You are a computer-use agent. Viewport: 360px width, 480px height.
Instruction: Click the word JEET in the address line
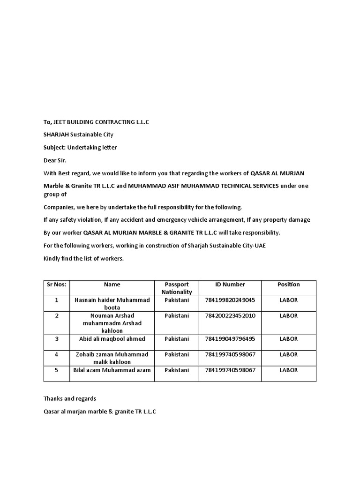61,122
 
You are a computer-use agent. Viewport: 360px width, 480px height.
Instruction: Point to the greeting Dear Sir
55,160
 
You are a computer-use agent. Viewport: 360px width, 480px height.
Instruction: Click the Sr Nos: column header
57,285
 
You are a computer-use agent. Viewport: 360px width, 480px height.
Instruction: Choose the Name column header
112,285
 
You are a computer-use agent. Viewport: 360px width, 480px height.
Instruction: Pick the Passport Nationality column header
177,288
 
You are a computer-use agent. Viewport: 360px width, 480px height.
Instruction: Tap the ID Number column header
230,285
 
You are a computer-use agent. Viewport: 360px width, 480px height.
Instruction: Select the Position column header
289,285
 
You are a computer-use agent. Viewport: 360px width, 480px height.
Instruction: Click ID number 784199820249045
230,300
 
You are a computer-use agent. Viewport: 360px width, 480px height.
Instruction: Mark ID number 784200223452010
230,316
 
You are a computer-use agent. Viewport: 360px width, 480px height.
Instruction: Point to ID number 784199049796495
230,339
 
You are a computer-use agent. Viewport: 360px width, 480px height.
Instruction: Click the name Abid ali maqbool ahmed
112,339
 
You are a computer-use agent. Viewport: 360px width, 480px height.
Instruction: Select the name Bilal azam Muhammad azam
112,370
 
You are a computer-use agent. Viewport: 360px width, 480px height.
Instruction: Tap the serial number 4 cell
57,355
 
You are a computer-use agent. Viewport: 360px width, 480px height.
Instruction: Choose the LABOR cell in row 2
289,316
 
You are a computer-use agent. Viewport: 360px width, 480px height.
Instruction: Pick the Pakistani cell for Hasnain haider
177,300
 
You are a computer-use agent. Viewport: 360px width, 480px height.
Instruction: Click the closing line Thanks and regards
70,398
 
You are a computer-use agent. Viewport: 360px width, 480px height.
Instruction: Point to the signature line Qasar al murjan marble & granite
100,412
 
